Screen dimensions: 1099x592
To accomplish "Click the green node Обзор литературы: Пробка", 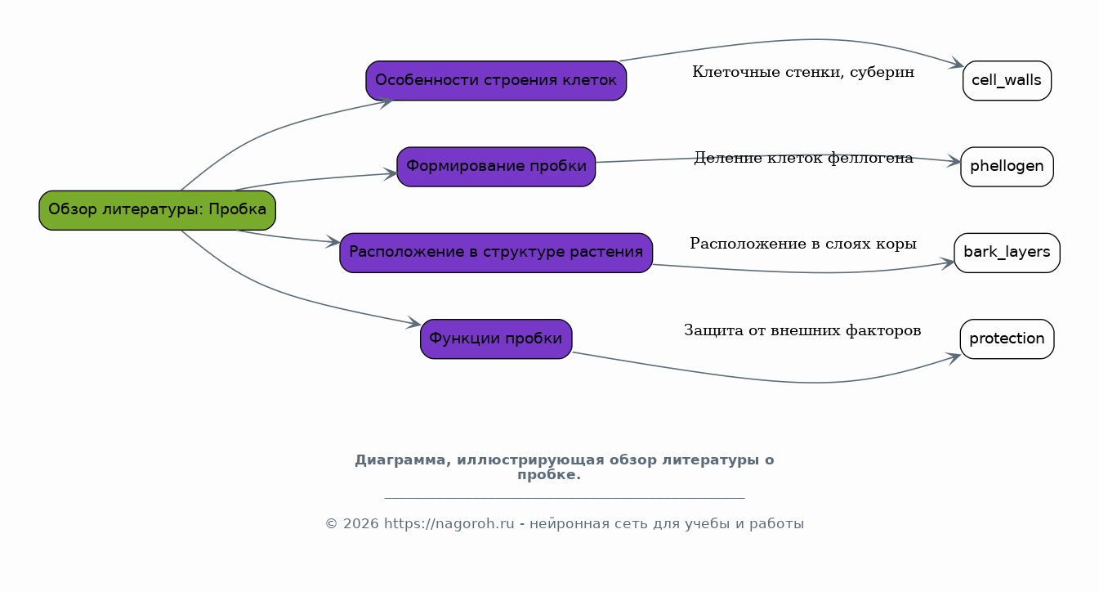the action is click(157, 210).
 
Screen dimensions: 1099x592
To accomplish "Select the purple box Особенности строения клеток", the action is click(496, 80).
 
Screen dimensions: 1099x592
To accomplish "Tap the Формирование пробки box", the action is click(496, 167).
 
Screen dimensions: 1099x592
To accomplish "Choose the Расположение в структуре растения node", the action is click(496, 253).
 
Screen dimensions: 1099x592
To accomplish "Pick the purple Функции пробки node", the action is click(496, 339).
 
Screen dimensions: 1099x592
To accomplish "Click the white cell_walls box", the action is click(1007, 80).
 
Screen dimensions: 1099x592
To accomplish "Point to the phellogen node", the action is click(1007, 167).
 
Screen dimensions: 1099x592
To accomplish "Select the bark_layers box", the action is click(1007, 253).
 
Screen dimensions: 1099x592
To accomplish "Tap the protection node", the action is click(1007, 339).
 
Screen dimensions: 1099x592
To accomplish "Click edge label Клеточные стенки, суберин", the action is click(803, 72).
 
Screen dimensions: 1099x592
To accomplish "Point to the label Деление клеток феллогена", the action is click(803, 158).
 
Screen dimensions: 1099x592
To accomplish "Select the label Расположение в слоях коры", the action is click(803, 244).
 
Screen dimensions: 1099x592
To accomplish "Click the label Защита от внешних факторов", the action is click(802, 330).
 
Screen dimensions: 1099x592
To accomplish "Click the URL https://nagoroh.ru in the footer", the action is click(449, 524).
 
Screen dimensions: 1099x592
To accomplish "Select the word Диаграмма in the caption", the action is click(403, 460).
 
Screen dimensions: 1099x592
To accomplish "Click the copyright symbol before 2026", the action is click(331, 524).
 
